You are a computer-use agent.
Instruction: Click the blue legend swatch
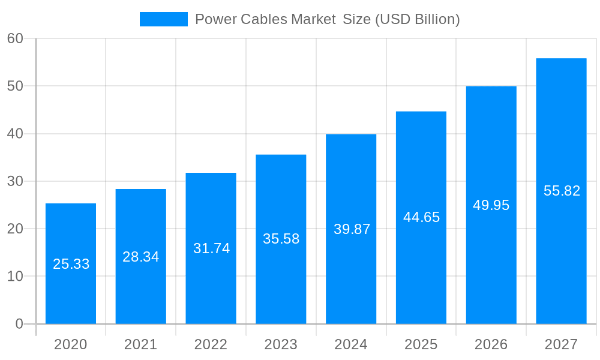coord(163,19)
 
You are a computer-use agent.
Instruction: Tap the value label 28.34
coord(141,257)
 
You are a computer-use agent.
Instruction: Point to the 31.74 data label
coord(211,248)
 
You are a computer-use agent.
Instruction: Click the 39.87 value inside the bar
coord(352,229)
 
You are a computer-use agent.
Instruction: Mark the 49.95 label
coord(491,205)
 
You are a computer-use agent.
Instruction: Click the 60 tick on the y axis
coord(15,38)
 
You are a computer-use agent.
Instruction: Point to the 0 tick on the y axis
coord(19,324)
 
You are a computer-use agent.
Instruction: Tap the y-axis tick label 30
coord(15,181)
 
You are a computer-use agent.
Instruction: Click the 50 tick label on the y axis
coord(15,86)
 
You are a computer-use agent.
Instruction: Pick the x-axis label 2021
coord(141,344)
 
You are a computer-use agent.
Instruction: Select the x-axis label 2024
coord(351,344)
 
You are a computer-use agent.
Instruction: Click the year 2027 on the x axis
coord(561,344)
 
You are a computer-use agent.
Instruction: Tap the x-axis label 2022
coord(211,344)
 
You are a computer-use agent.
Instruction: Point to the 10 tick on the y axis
coord(15,277)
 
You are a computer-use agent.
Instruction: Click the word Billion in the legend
coord(433,19)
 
